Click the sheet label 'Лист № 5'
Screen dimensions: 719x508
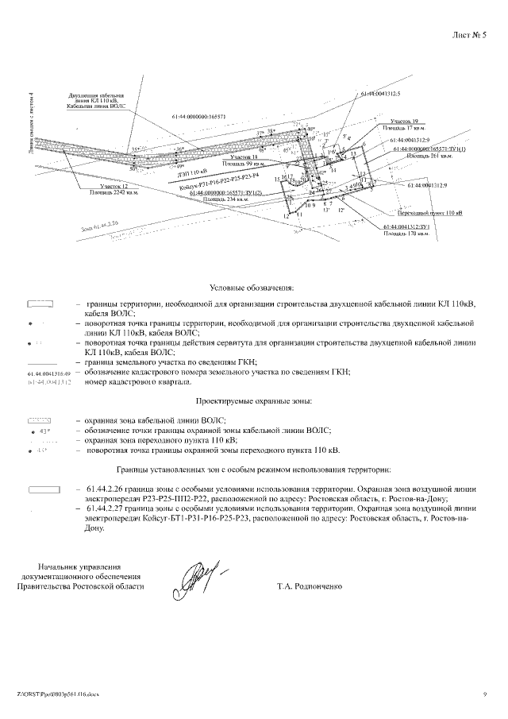[x=468, y=36]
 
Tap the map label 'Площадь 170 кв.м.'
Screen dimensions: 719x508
[x=404, y=234]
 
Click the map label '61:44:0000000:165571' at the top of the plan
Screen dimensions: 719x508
[x=198, y=117]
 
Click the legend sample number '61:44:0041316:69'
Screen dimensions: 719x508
[x=49, y=373]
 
